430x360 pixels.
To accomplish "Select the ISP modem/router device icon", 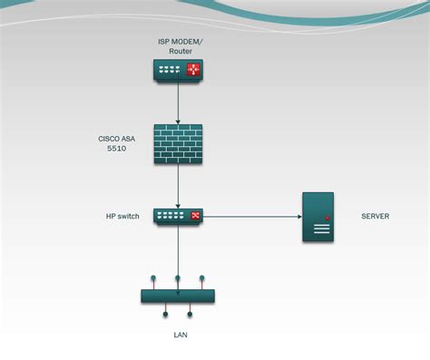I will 178,71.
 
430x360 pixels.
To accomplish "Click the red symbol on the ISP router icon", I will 193,71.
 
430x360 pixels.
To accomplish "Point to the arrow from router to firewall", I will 178,102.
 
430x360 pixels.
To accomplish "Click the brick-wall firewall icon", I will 178,143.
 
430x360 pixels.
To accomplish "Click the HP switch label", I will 122,217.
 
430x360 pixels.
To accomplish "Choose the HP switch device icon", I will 178,216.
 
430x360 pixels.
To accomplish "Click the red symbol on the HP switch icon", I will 194,216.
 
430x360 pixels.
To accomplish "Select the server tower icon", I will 318,217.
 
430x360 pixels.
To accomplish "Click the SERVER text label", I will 376,217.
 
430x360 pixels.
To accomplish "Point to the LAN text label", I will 180,335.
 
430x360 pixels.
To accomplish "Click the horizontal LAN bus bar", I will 178,297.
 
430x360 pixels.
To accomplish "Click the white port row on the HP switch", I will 171,216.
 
